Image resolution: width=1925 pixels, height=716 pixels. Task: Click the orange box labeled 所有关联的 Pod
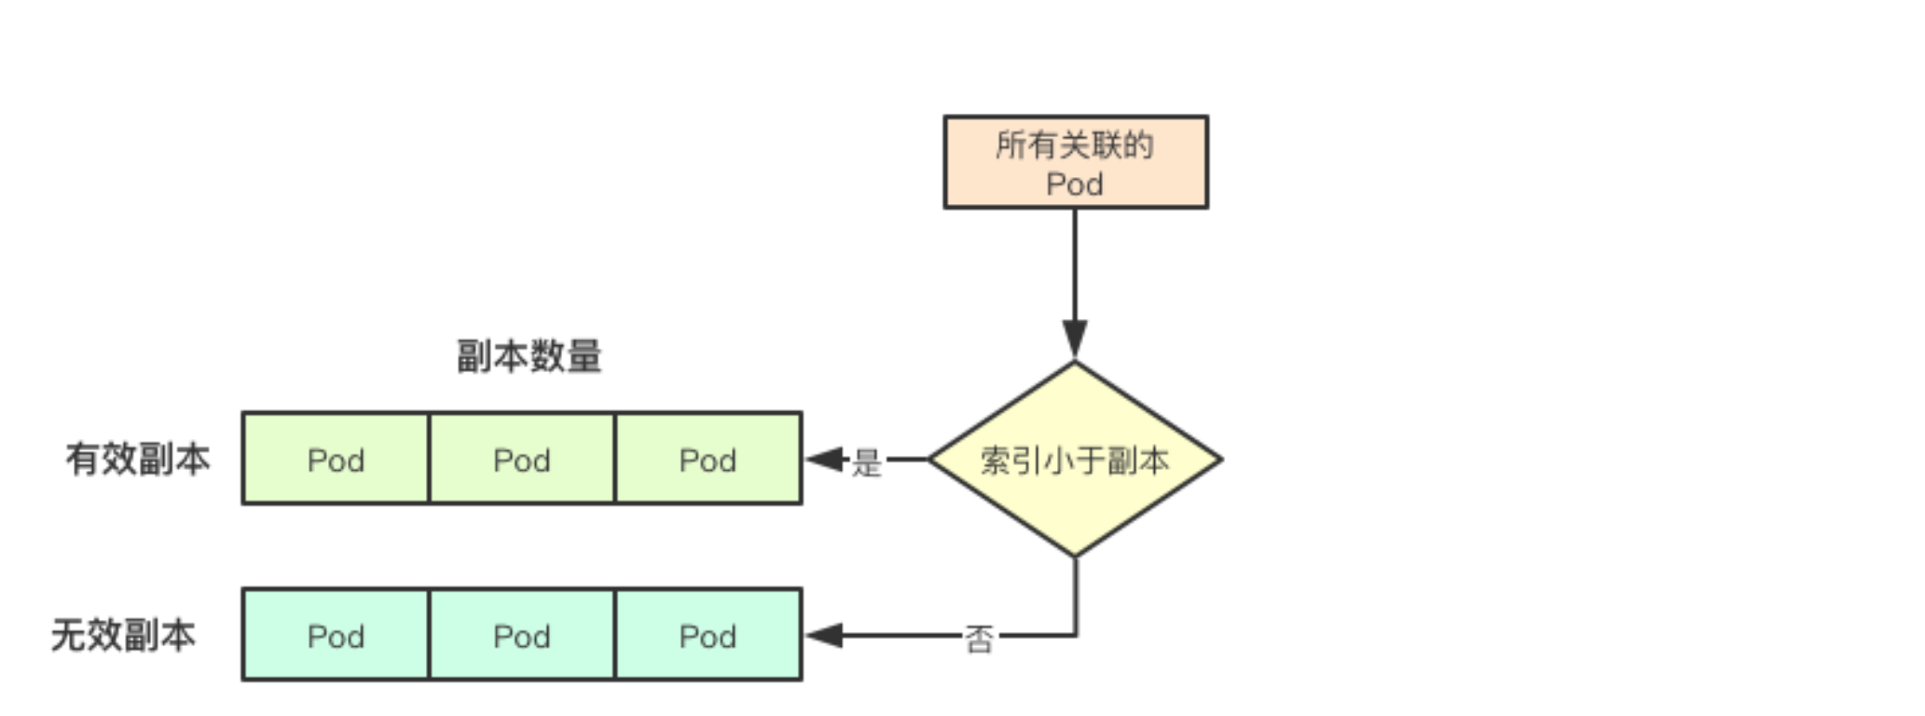tap(1075, 162)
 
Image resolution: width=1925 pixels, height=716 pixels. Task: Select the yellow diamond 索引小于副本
tap(1075, 459)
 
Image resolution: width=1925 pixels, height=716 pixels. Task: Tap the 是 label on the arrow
tap(866, 461)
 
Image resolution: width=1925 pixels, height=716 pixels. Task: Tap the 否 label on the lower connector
tap(978, 639)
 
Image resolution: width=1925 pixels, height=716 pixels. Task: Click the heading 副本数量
tap(529, 356)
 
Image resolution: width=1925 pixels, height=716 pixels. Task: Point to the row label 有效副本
tap(138, 459)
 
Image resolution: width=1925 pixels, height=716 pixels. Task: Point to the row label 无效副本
tap(123, 635)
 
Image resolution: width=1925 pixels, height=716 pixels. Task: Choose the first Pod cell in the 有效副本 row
tap(336, 459)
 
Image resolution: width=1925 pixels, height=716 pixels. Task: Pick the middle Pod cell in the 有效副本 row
tap(522, 459)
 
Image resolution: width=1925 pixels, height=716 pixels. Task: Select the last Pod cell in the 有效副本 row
tap(708, 459)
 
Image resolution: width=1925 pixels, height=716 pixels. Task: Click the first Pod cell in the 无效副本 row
tap(336, 635)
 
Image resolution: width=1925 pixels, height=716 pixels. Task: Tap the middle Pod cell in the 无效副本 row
tap(522, 635)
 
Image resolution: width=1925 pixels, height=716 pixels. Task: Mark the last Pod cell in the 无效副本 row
tap(708, 635)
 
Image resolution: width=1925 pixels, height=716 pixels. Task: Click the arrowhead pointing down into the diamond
tap(1075, 337)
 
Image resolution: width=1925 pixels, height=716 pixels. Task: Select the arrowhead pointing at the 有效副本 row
tap(824, 459)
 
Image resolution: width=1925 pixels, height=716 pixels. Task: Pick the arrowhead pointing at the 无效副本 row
tap(824, 636)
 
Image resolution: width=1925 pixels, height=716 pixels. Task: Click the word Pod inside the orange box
tap(1075, 184)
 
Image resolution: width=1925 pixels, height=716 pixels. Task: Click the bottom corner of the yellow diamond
tap(1075, 556)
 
